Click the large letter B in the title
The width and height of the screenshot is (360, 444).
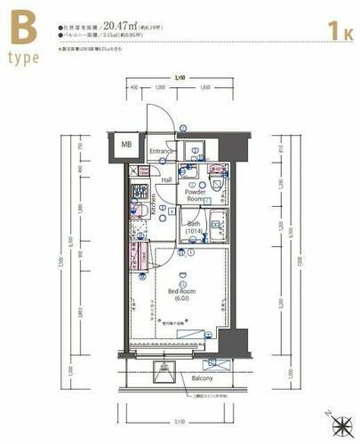tap(24, 32)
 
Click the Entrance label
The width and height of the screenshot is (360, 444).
tap(160, 151)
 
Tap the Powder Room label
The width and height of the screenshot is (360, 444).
tap(195, 195)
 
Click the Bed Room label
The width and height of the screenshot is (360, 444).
tap(181, 295)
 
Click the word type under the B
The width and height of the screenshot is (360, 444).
tap(24, 63)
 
